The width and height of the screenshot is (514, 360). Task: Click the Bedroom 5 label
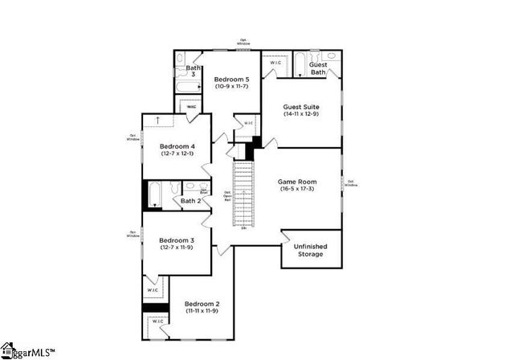coord(230,80)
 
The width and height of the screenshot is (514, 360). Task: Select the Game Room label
coord(296,182)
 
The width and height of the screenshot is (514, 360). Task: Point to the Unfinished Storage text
coord(310,250)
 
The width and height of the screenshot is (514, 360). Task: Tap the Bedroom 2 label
coord(202,304)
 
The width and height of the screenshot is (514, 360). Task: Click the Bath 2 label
coord(190,201)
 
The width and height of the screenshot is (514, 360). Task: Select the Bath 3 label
coord(194,71)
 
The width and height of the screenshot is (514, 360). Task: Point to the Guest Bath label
coord(318,68)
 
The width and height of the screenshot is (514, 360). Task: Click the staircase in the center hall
coord(243,193)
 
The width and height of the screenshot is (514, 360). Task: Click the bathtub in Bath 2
coord(157,194)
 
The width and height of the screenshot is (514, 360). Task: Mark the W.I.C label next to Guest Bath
coord(275,62)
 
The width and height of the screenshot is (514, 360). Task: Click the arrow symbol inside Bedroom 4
coord(157,120)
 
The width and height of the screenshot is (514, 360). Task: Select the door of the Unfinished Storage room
coord(288,237)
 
